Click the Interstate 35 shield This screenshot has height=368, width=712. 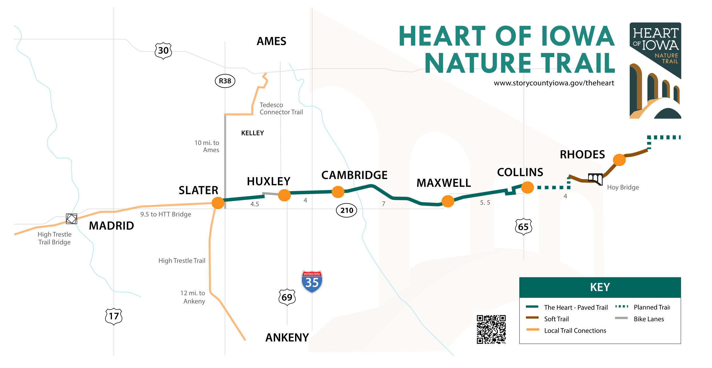pyautogui.click(x=312, y=282)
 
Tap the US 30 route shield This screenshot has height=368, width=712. pyautogui.click(x=163, y=51)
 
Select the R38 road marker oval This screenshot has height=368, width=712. pyautogui.click(x=225, y=81)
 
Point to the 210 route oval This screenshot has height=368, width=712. pyautogui.click(x=347, y=210)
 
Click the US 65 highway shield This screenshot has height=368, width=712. pyautogui.click(x=523, y=227)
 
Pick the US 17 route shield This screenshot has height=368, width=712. pyautogui.click(x=114, y=316)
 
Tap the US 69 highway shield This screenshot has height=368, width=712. pyautogui.click(x=287, y=297)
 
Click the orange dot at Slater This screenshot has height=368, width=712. pyautogui.click(x=218, y=203)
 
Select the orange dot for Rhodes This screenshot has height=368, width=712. pyautogui.click(x=619, y=160)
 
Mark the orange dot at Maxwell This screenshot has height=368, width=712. pyautogui.click(x=448, y=201)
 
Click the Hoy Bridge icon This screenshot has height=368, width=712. pyautogui.click(x=596, y=179)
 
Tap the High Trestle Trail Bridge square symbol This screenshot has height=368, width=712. pyautogui.click(x=71, y=219)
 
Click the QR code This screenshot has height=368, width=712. pyautogui.click(x=491, y=329)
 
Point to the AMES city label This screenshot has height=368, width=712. pyautogui.click(x=271, y=41)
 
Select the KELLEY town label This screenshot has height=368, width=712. pyautogui.click(x=252, y=133)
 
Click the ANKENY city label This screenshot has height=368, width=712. pyautogui.click(x=287, y=338)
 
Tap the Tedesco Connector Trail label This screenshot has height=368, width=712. pyautogui.click(x=281, y=109)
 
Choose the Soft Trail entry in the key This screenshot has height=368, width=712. pyautogui.click(x=556, y=319)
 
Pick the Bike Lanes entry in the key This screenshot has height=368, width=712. pyautogui.click(x=648, y=319)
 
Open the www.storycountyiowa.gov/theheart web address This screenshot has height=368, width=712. pyautogui.click(x=554, y=83)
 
